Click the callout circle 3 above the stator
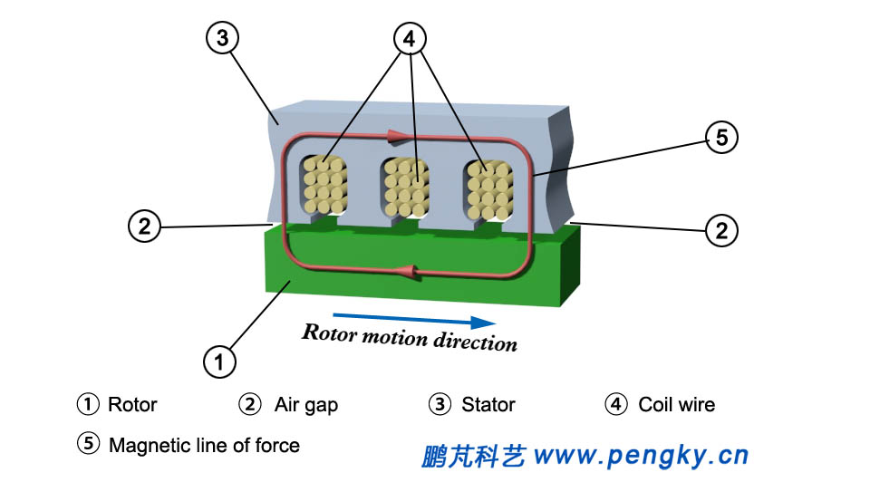click(222, 38)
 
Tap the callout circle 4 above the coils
click(410, 38)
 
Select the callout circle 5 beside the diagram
click(721, 138)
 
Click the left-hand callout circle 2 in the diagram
click(144, 226)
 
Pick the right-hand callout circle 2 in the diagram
click(721, 230)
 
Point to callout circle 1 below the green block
click(217, 361)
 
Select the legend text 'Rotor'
click(132, 405)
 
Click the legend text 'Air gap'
click(305, 405)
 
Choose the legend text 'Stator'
click(488, 405)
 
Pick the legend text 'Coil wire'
click(676, 405)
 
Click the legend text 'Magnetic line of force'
click(204, 445)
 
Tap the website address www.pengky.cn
click(642, 454)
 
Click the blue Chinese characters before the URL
click(473, 455)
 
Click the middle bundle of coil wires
click(404, 187)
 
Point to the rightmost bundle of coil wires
click(488, 188)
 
